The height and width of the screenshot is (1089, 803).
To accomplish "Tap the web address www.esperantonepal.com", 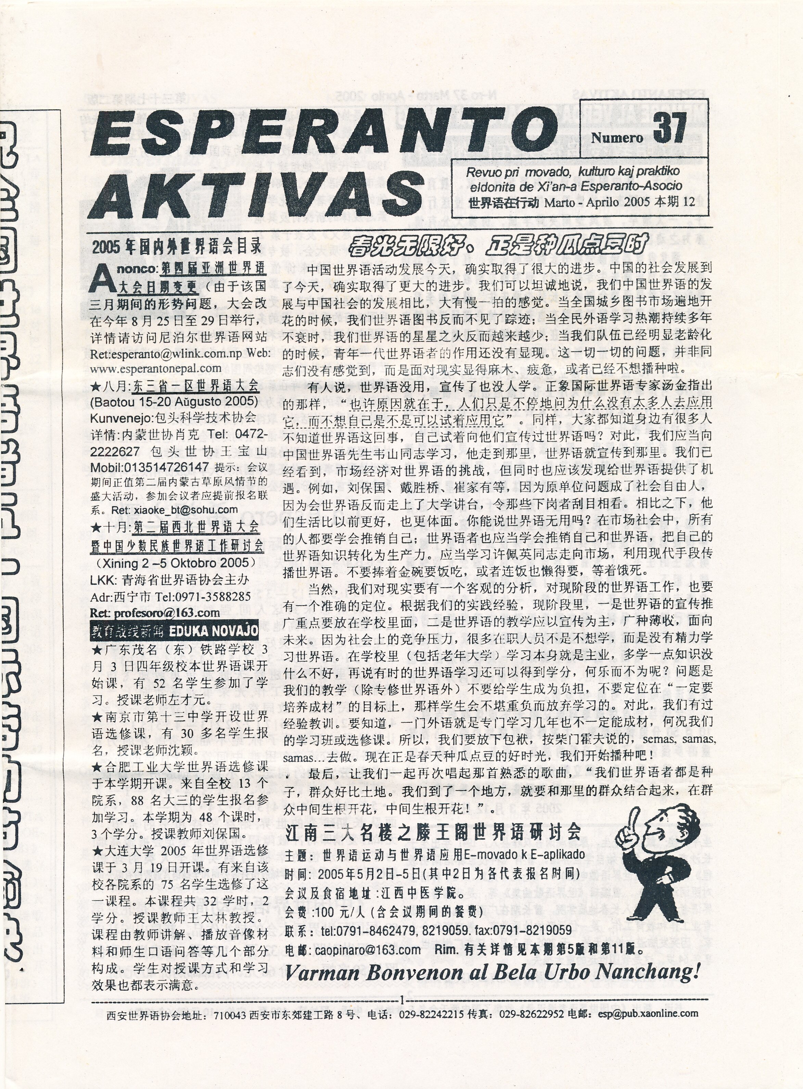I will [155, 368].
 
